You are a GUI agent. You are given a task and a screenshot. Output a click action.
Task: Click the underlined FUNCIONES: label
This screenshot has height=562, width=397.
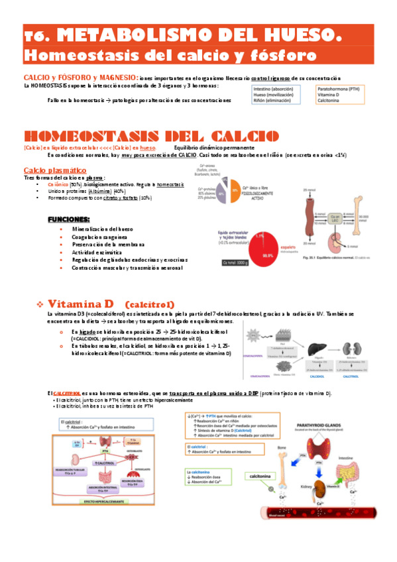68,219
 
